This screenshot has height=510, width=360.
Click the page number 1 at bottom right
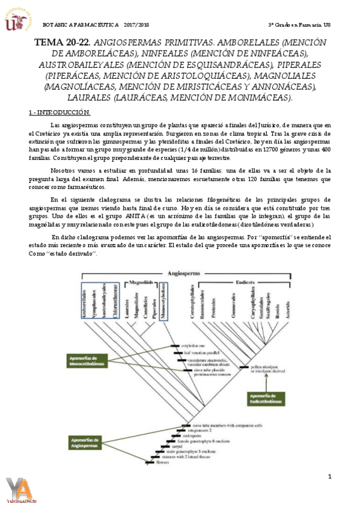tap(330, 477)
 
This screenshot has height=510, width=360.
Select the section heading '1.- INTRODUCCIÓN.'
tap(59, 112)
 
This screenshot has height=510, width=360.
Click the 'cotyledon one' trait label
tap(193, 346)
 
